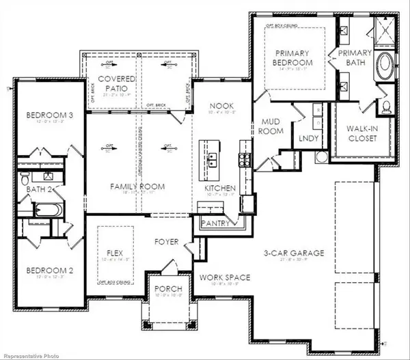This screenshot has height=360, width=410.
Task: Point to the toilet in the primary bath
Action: [x=385, y=107]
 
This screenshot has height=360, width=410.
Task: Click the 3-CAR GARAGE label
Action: [x=295, y=253]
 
